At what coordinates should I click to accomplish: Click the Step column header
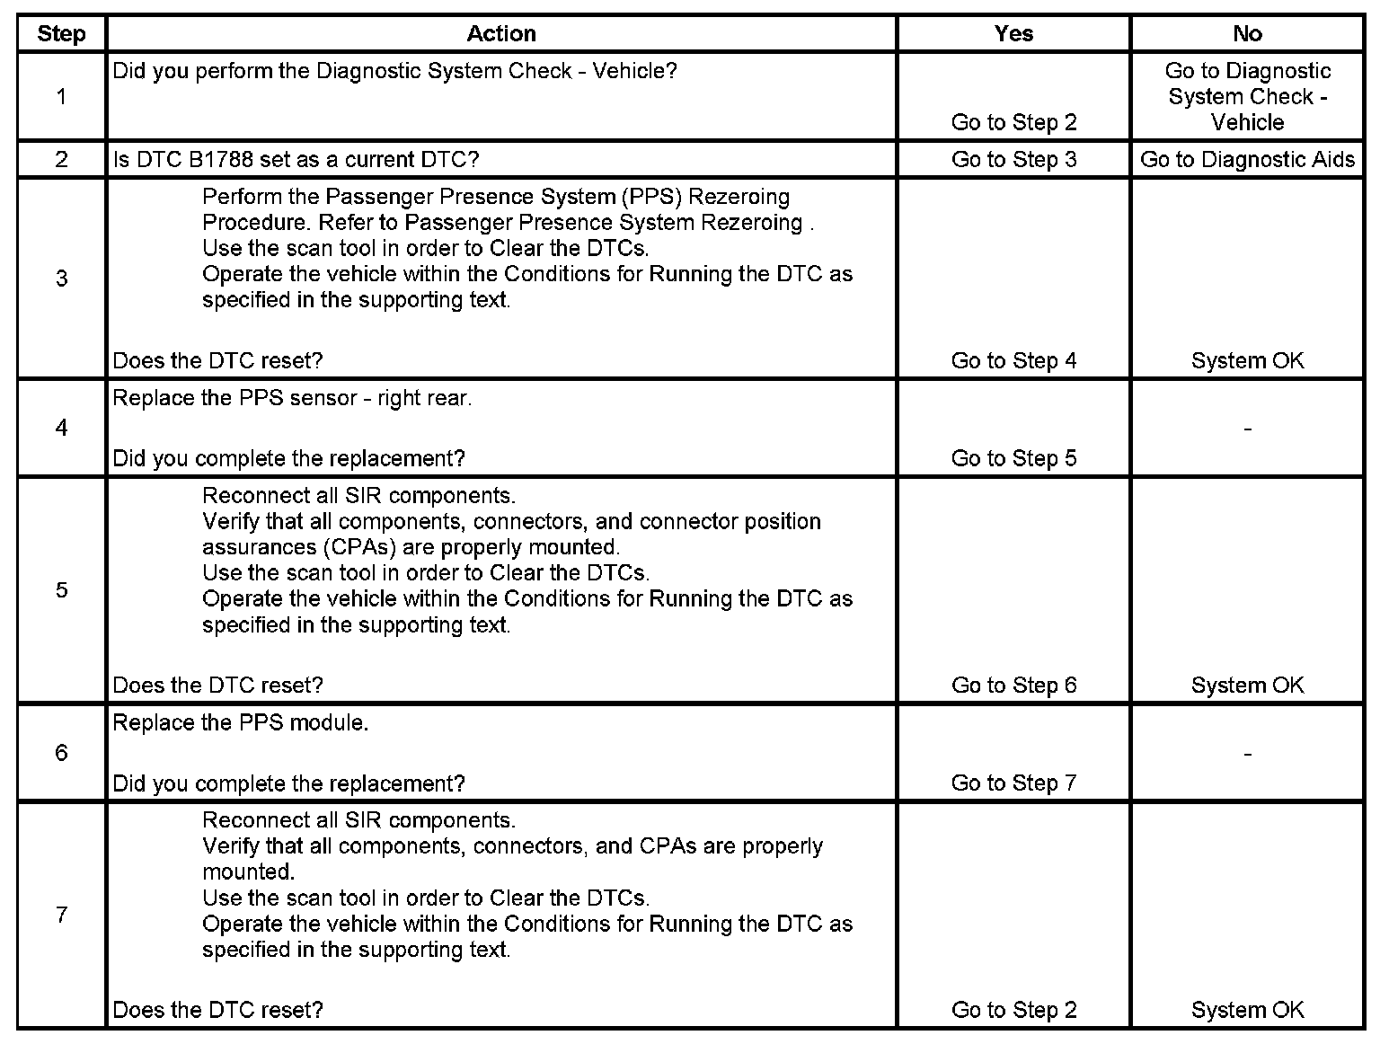[x=61, y=34]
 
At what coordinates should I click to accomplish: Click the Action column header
[x=501, y=34]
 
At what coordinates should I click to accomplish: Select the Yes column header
[x=1013, y=34]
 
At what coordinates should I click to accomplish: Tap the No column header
[x=1247, y=34]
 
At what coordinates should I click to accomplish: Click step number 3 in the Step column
[x=61, y=279]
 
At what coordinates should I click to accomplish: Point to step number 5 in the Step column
[x=61, y=590]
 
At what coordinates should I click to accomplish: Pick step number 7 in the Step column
[x=61, y=915]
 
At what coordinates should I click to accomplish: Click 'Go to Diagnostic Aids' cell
[x=1247, y=160]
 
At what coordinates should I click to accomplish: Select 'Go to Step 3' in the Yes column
[x=1013, y=160]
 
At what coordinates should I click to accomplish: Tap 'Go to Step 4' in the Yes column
[x=1013, y=361]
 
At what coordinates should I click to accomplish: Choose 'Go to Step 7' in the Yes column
[x=1013, y=783]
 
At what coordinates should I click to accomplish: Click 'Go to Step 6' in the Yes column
[x=1013, y=686]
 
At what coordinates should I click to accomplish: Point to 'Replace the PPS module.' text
[x=241, y=723]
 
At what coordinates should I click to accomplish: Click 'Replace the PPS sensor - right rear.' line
[x=292, y=398]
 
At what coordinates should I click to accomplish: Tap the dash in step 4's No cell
[x=1247, y=429]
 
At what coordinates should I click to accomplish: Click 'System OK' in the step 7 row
[x=1247, y=1011]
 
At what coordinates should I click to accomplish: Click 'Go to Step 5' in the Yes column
[x=1013, y=459]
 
